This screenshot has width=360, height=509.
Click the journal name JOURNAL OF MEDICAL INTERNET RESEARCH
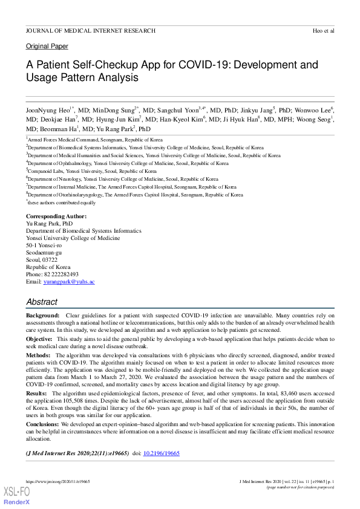pos(91,30)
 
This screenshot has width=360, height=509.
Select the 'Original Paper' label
pos(47,47)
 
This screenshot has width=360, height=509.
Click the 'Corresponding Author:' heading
pos(56,216)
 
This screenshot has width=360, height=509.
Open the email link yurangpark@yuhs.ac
pos(68,282)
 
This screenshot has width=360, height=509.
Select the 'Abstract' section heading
pos(42,302)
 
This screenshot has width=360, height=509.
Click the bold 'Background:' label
pos(43,316)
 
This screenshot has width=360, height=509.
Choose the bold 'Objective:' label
pos(39,340)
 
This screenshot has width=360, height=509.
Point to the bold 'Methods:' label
pos(38,357)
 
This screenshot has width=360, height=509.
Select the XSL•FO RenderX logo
pos(17,496)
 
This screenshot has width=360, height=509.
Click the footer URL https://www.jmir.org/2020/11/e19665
pos(58,481)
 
